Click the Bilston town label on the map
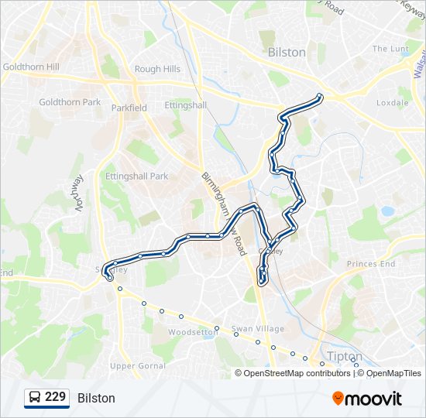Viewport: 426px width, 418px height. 286,53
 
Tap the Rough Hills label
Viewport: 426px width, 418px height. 157,69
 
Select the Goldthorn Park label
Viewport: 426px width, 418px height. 70,102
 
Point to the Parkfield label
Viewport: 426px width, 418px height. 129,108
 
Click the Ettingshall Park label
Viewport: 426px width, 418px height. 137,176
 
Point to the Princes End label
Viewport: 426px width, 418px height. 370,264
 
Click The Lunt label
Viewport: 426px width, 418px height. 390,49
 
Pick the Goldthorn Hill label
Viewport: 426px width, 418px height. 31,67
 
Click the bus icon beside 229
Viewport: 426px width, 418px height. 35,398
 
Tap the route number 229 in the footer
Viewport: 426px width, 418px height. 56,397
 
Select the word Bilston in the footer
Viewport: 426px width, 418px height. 96,398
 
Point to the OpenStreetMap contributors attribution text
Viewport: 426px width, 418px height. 296,373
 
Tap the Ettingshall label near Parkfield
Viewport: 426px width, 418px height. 186,105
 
